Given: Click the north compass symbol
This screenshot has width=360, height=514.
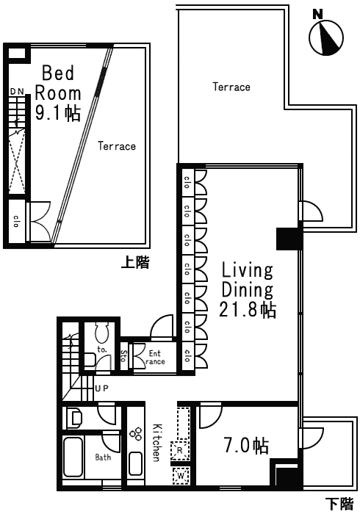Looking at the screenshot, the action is tap(326, 37).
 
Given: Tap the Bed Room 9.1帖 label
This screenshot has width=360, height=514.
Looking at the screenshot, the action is tap(58, 93).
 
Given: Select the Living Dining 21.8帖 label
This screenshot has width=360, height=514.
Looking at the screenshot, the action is tap(248, 290).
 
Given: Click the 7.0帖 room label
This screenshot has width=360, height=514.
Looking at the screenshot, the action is tap(247, 446).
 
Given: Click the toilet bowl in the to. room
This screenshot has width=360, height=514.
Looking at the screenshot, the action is tap(101, 333).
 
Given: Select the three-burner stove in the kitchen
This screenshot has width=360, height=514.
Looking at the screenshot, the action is tap(136, 434).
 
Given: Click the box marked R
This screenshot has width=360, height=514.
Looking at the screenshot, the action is tap(180, 450).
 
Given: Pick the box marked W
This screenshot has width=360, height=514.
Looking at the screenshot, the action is tap(181, 475).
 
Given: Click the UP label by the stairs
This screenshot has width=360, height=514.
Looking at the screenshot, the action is tap(101, 388).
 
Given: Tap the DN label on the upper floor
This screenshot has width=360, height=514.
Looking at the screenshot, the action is tap(17, 92).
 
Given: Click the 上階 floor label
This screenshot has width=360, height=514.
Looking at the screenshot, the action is tap(135, 262).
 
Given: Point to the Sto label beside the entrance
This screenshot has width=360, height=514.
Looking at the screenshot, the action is tap(123, 356).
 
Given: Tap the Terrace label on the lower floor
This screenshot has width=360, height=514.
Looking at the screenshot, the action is tap(231, 87).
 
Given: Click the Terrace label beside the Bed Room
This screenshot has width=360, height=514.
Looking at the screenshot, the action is tap(117, 146).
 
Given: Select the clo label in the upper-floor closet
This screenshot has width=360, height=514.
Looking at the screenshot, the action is tap(16, 221).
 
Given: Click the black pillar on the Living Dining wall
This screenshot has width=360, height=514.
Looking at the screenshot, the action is tap(289, 239).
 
